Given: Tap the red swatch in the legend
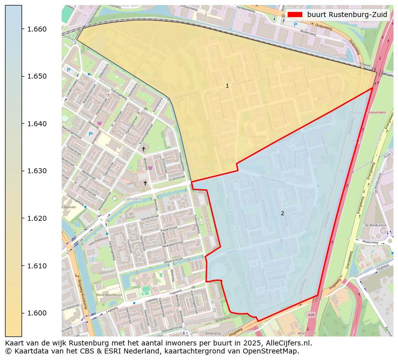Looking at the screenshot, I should point(295,15).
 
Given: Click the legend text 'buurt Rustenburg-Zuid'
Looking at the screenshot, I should point(347,15).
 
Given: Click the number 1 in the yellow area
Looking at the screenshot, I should point(227,86).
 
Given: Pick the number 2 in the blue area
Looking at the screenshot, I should point(282,213).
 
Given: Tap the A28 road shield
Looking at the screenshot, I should point(311,315).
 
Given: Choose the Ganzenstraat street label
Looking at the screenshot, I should point(149,219).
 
